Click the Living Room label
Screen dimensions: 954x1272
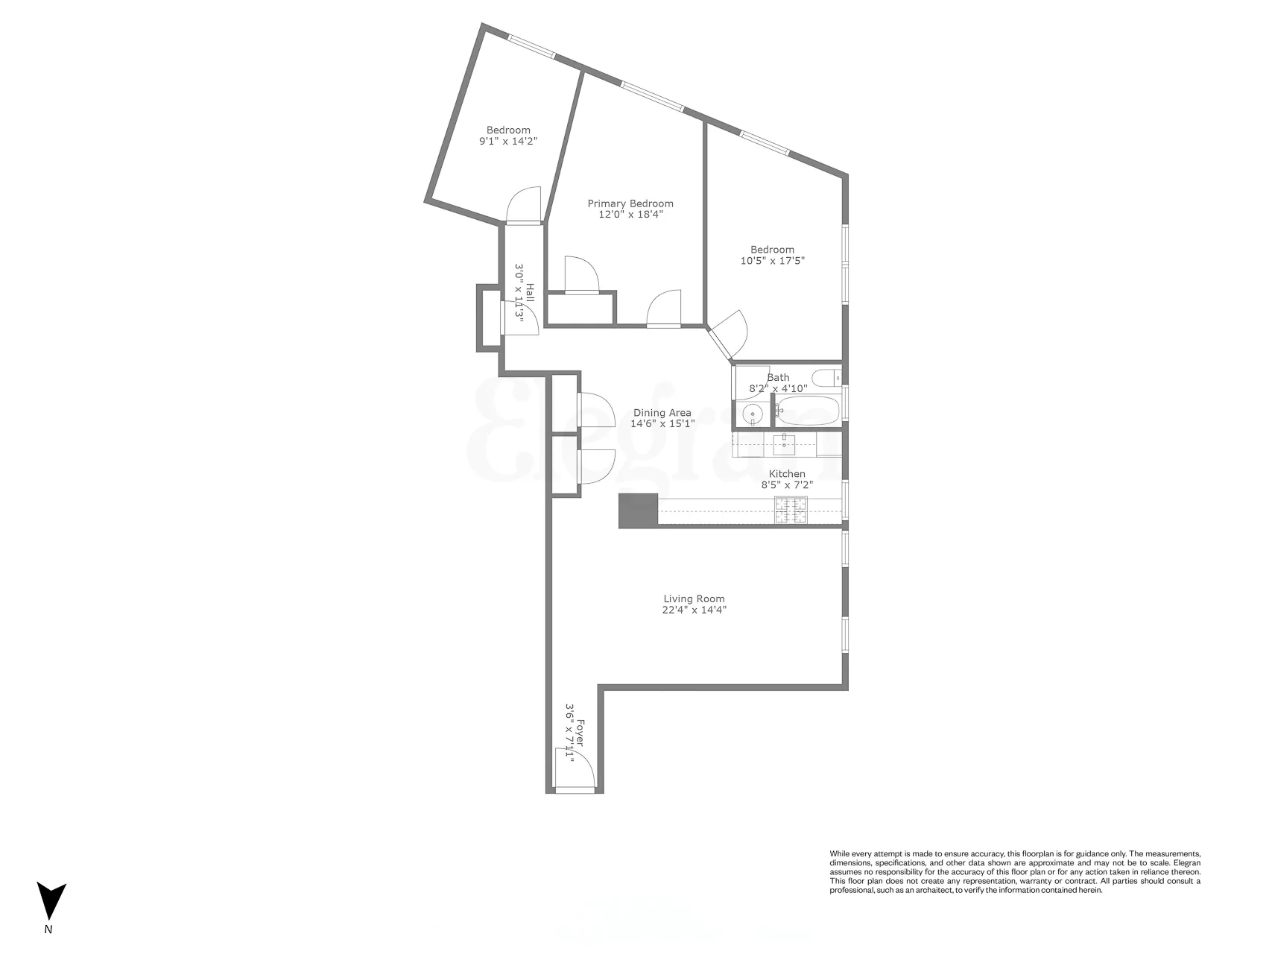click(x=694, y=598)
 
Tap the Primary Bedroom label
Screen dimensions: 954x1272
click(x=630, y=203)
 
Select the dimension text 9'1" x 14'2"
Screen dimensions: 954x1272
click(x=508, y=141)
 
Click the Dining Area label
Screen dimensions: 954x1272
click(x=662, y=412)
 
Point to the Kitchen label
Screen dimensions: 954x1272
click(x=787, y=474)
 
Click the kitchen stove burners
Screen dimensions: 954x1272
click(x=791, y=510)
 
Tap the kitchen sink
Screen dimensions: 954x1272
click(x=784, y=445)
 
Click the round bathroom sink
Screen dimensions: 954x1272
click(x=753, y=414)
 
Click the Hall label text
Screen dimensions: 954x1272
click(x=530, y=291)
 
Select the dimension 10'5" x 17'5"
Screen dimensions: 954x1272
click(x=772, y=261)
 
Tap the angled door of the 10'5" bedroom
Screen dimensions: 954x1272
click(x=730, y=332)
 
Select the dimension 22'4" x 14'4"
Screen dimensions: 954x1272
click(x=694, y=610)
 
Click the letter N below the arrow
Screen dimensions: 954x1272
click(x=48, y=929)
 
